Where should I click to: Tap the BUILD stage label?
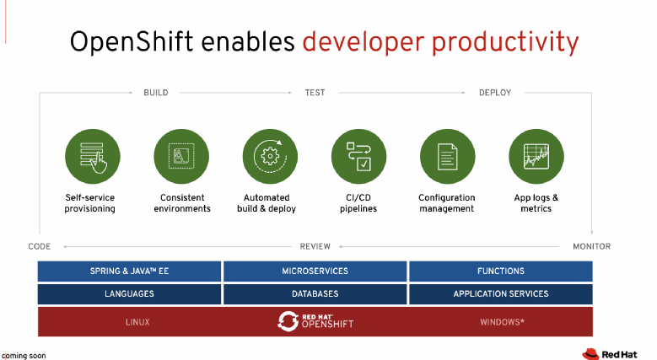(155, 93)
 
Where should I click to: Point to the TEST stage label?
(315, 93)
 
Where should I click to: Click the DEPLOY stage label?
(495, 93)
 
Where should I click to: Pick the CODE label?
(40, 246)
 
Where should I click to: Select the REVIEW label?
(315, 246)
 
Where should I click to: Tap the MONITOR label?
(591, 246)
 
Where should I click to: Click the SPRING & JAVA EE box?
(129, 271)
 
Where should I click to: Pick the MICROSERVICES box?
(315, 271)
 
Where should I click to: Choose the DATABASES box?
(315, 294)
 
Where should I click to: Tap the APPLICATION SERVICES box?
(500, 294)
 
